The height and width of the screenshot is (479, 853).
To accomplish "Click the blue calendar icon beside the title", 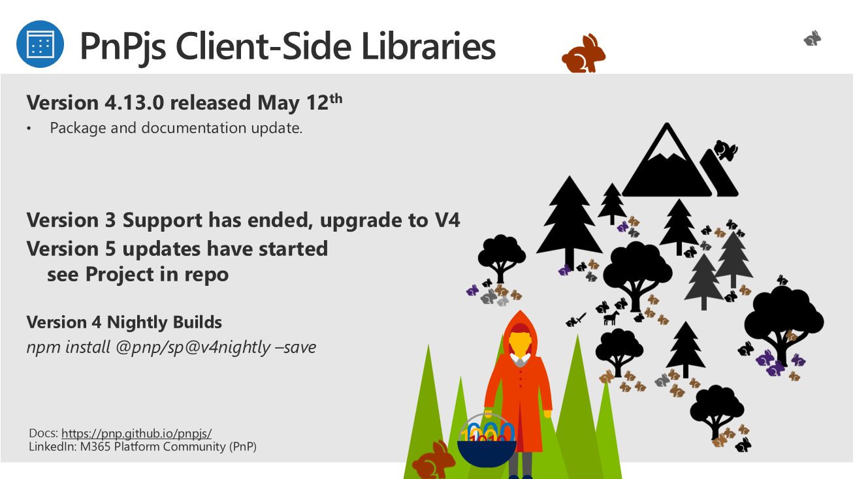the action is pos(40,44).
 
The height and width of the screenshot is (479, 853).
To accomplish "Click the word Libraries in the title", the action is pos(428,46).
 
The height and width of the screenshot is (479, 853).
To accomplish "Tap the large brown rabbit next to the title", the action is pos(583,54).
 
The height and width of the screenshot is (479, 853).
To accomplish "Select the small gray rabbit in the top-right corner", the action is pos(813,39).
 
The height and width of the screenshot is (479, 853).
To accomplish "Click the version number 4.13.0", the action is pos(134,102).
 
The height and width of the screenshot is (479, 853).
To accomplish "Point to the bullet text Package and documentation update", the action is pos(176,128).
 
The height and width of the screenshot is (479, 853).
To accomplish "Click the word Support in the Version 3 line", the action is pos(162,221).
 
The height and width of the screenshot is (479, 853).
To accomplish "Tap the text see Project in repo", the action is pos(138,274).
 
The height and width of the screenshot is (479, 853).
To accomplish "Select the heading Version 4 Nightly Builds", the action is pos(124,322).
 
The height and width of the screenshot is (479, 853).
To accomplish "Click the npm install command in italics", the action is pos(171,347).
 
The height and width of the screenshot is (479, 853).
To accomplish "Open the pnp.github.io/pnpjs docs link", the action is pos(137,433).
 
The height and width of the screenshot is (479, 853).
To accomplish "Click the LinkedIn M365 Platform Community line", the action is pos(142,446).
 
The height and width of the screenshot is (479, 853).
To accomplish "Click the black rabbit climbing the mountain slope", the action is pos(726,150).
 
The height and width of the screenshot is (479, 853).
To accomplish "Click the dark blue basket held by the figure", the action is pos(487,453).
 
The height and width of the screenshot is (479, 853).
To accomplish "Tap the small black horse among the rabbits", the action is pos(611,318).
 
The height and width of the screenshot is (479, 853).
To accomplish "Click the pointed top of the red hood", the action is pos(520,311).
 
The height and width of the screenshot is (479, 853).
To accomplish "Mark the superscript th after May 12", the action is pos(336,99).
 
